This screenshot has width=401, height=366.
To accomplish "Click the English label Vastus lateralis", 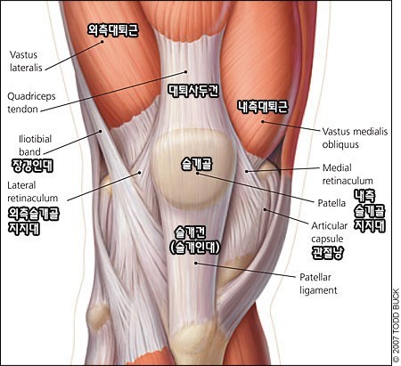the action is pos(26,61).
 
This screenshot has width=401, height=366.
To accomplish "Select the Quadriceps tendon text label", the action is pos(31,102).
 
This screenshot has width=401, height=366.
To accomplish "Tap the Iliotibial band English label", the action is pos(35,145).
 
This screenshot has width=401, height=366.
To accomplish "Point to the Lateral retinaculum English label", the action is pos(33,191).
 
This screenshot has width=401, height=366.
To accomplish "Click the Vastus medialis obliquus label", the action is pos(355,138).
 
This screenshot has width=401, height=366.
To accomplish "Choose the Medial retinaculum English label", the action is pos(348,175).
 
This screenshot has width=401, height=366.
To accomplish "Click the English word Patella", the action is pos(331,203).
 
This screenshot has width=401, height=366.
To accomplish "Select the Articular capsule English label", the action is pos(330,232).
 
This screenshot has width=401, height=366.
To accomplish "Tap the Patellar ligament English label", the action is pos(318,284).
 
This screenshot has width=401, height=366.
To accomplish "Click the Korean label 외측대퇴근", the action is pos(113,30).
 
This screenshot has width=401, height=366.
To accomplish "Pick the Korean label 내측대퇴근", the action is pos(263,107).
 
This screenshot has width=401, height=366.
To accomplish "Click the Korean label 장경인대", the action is pos(32,166).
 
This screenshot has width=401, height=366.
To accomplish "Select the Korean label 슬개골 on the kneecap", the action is pos(197,164).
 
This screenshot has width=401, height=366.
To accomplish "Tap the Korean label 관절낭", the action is pos(327,253).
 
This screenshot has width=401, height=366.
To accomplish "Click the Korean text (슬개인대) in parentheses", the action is pos(194,248).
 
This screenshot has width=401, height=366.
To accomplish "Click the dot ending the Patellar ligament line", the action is pos(196,263).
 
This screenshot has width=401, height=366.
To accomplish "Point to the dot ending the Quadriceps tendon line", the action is pos(186,71).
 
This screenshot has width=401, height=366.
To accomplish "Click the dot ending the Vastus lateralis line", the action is pos(102,42).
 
